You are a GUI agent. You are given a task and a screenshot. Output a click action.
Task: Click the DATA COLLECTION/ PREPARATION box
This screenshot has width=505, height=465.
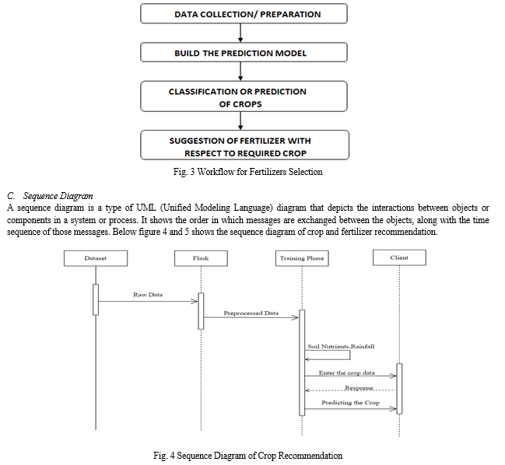pos(244,13)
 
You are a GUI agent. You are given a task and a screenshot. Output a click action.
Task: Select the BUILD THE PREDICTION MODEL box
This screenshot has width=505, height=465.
pos(244,52)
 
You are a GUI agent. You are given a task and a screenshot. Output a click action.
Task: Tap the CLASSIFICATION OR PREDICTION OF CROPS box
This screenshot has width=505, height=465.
pos(244,96)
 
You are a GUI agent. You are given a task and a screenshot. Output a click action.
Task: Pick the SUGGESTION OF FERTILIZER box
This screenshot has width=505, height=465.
pos(245,145)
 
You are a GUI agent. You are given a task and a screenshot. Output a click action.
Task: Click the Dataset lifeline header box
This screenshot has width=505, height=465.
pos(96,258)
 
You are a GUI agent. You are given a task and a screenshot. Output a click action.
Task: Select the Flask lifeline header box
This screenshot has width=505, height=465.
pos(201,258)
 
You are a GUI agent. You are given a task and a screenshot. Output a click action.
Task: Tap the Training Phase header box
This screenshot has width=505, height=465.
pos(302,258)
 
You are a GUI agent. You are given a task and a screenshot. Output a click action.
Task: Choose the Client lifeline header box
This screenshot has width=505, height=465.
pos(399,257)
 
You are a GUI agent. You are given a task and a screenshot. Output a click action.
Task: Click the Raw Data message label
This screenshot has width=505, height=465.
pos(148,295)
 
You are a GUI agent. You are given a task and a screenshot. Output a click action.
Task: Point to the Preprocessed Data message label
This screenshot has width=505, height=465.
pos(251,313)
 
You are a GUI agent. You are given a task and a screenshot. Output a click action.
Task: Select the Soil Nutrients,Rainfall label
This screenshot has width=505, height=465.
pos(341,347)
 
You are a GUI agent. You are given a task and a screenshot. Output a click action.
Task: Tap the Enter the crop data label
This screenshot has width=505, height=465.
pos(347,372)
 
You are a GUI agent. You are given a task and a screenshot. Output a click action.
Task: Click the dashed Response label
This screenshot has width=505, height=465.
pos(359,388)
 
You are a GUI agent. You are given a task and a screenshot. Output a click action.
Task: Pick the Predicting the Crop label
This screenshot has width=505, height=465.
pos(350,403)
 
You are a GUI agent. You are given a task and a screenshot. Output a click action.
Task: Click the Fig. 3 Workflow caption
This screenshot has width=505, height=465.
pos(247,172)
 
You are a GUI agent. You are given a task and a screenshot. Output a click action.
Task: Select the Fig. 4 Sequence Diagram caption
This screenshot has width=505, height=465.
pos(247,456)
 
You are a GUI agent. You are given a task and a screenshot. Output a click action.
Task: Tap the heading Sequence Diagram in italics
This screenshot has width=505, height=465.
pos(58,196)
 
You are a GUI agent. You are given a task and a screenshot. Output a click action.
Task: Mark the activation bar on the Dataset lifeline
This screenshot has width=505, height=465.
pos(96,299)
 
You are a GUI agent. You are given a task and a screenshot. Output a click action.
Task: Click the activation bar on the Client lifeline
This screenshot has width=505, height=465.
pos(399,389)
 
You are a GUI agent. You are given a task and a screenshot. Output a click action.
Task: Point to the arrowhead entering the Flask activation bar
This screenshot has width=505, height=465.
pos(195,302)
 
